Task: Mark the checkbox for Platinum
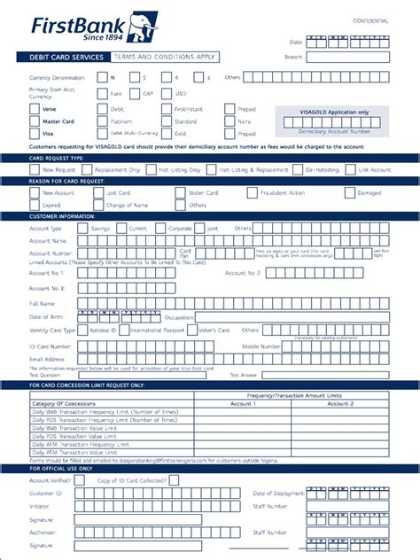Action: pyautogui.click(x=102, y=121)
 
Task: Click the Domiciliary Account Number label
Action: pyautogui.click(x=333, y=130)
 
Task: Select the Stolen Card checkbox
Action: pyautogui.click(x=181, y=192)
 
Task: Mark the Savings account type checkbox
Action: pyautogui.click(x=82, y=228)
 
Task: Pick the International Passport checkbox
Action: pyautogui.click(x=125, y=330)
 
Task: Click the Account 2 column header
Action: pyautogui.click(x=339, y=403)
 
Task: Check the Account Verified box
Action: pyautogui.click(x=82, y=479)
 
